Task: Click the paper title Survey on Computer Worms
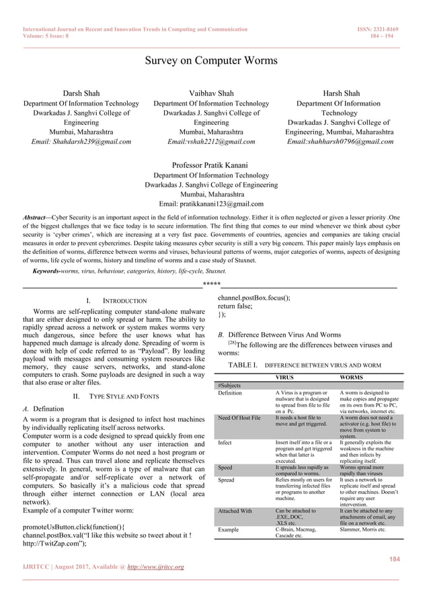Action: click(214, 63)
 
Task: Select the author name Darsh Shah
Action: click(81, 93)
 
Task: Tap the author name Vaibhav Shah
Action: click(211, 93)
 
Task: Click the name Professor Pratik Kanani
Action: click(211, 165)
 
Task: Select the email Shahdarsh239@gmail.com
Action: click(81, 142)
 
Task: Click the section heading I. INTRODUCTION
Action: click(113, 300)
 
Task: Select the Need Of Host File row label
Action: click(239, 419)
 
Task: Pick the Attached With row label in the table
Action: click(237, 511)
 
